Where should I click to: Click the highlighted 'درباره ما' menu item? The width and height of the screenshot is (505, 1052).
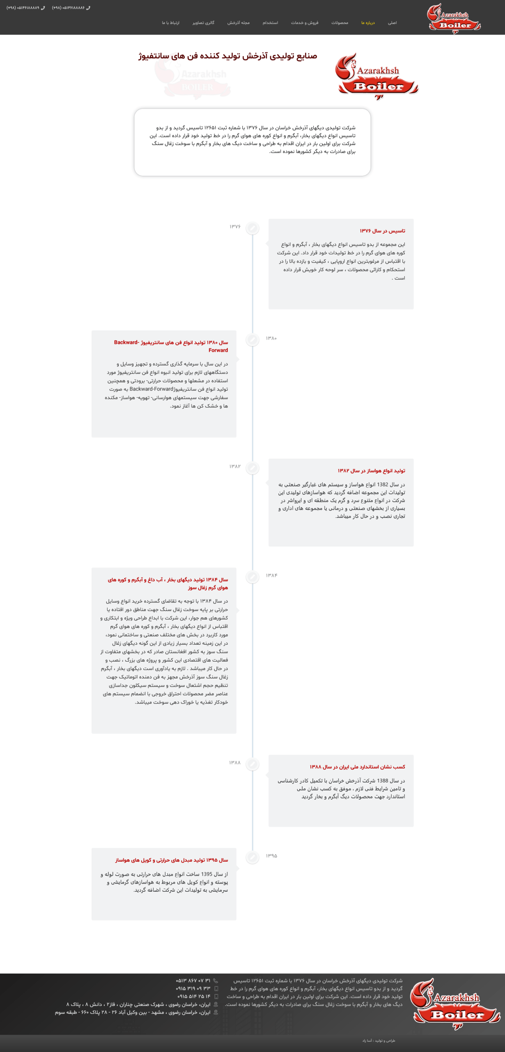[368, 23]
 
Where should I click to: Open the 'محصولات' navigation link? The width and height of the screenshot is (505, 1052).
[340, 23]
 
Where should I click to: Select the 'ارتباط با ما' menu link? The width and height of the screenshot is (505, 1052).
[170, 23]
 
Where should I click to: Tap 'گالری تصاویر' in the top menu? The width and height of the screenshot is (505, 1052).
[203, 23]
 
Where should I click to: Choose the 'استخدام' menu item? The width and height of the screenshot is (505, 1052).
[270, 23]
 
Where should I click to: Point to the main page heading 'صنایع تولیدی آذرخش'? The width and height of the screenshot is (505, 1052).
[227, 56]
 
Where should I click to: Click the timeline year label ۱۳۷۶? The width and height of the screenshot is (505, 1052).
[235, 227]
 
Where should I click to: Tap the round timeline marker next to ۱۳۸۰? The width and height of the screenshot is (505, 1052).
[252, 339]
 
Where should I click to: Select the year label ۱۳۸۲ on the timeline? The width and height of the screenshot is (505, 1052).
[235, 466]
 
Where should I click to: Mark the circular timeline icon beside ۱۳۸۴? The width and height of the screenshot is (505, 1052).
[252, 577]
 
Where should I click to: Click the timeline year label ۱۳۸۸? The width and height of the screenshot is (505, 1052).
[234, 763]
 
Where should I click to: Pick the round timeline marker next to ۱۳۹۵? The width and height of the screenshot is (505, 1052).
[252, 857]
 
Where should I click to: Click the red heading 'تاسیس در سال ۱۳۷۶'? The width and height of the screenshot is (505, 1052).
[382, 231]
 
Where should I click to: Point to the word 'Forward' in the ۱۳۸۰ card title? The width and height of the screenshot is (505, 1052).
[218, 351]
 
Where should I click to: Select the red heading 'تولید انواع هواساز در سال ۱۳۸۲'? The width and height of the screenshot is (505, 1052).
[371, 471]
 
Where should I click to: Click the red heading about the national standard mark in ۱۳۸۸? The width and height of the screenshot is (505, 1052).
[357, 767]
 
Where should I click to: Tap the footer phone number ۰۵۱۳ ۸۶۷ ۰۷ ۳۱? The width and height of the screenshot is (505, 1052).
[193, 980]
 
